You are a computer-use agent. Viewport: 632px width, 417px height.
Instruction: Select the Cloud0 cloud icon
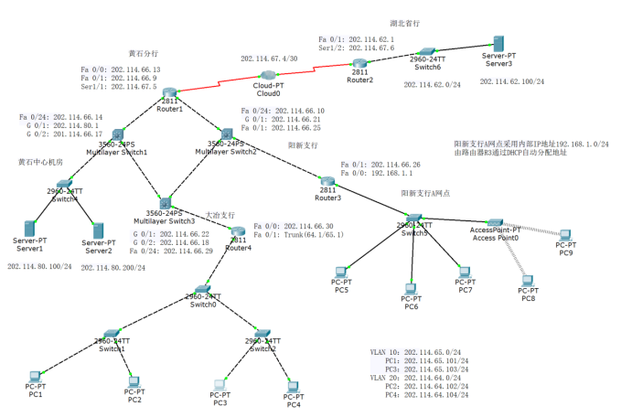click(268, 75)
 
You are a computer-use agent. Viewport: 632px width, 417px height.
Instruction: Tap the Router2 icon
click(359, 61)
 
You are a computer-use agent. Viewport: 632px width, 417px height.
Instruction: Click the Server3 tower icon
click(499, 45)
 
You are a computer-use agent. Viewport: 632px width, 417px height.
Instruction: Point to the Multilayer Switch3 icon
click(165, 201)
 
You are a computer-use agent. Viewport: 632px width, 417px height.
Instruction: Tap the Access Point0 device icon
click(494, 222)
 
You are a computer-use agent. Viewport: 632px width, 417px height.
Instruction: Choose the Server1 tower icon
click(30, 228)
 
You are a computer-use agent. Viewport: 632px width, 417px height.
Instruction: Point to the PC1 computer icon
click(35, 377)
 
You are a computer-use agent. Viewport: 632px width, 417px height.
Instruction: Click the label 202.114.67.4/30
click(268, 58)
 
